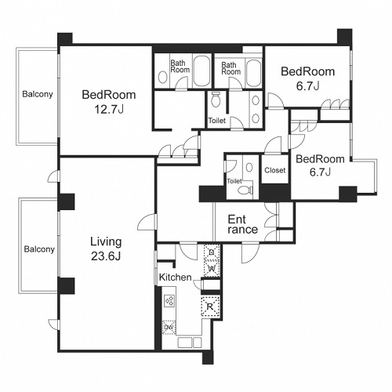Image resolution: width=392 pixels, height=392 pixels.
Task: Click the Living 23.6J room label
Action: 106,249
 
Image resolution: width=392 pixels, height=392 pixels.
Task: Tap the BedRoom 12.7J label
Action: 109,102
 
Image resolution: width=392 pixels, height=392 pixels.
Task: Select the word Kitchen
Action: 176,278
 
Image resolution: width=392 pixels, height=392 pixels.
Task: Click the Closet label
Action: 275,170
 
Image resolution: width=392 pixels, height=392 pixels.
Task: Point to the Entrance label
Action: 242,224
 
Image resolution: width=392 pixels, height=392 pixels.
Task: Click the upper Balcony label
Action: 38,94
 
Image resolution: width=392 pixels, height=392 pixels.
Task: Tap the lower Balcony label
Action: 39,249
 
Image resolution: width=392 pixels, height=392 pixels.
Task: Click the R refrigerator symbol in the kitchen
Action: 210,307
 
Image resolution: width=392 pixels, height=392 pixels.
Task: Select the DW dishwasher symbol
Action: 169,327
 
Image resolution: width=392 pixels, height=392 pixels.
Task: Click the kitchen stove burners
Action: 169,300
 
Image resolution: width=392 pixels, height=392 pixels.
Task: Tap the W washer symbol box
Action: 212,268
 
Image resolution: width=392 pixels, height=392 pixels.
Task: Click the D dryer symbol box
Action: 212,252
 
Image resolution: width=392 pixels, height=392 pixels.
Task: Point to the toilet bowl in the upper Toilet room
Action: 216,100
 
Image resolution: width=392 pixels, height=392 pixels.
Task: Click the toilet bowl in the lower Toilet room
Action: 245,190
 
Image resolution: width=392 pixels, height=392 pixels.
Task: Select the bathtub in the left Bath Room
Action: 201,71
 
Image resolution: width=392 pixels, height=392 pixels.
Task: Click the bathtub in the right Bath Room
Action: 253,72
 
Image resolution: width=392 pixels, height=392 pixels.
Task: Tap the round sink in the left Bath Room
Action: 163,78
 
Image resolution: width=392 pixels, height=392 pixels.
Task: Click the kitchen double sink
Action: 190,343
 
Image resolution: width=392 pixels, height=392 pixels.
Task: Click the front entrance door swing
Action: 250,252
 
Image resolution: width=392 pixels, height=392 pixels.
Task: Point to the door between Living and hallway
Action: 147,222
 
